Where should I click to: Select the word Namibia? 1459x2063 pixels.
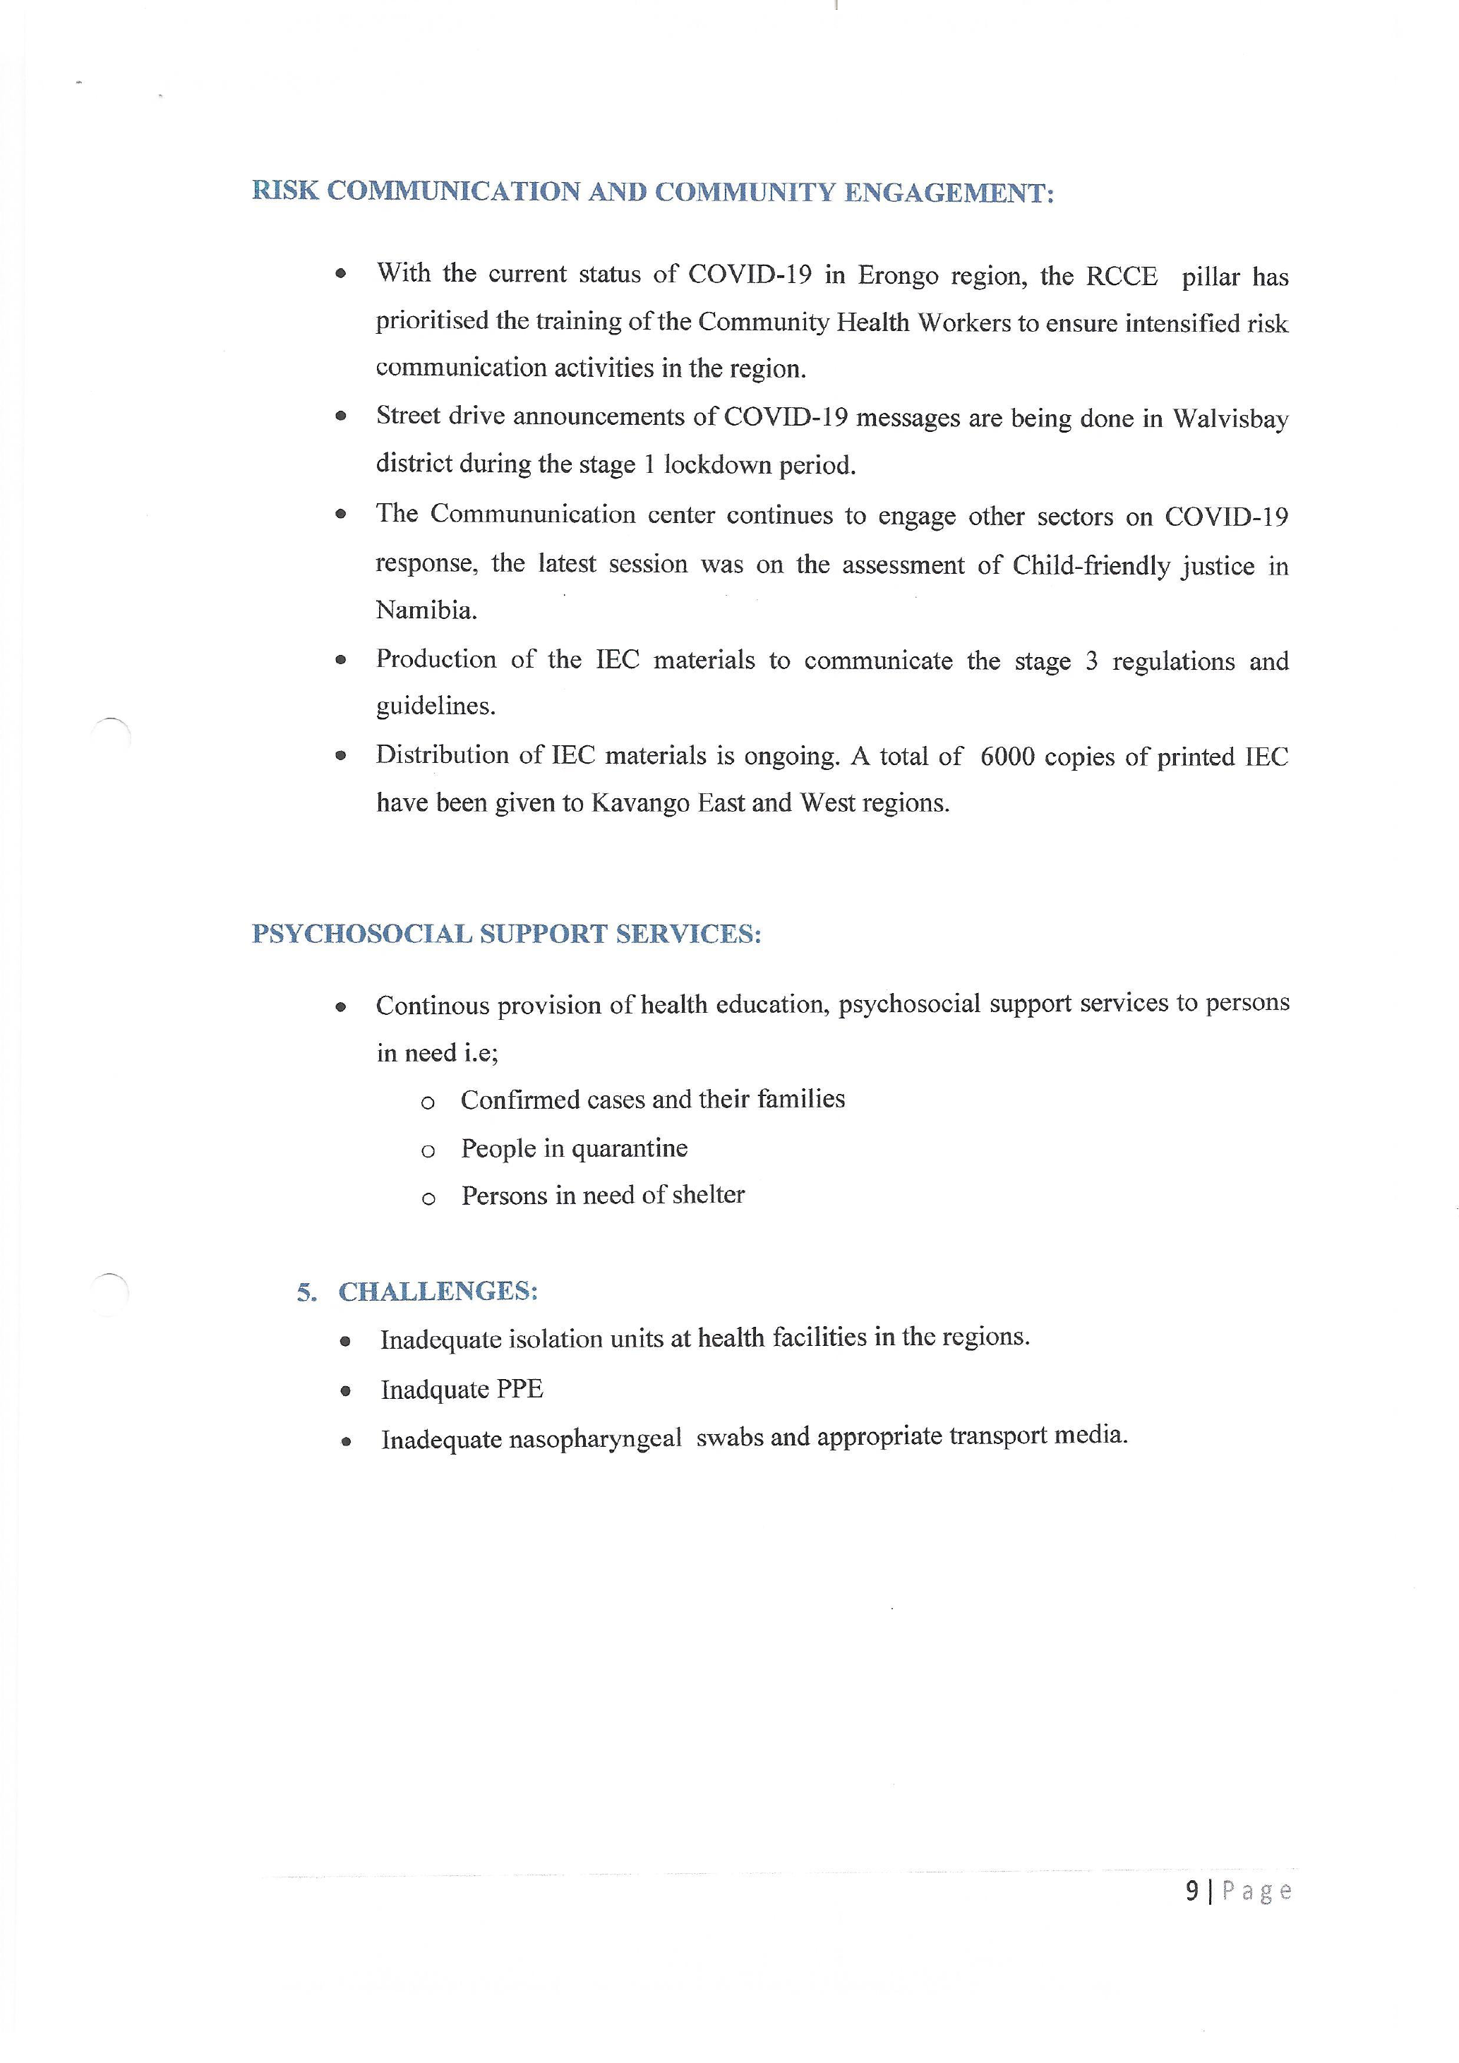426,611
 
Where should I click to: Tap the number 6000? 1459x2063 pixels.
1007,757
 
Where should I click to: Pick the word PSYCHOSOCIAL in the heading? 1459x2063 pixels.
361,934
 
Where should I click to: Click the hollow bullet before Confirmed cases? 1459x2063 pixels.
428,1103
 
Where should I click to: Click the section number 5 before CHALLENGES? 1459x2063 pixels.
306,1293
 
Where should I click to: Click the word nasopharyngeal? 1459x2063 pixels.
595,1439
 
